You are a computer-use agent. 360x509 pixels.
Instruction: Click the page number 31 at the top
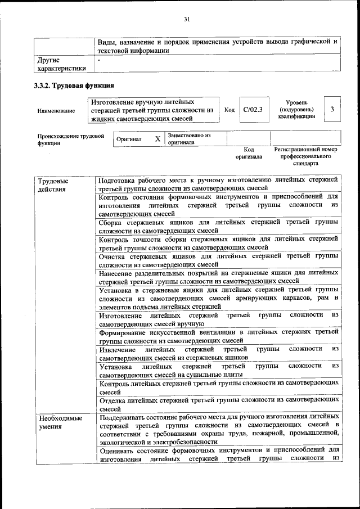(x=187, y=20)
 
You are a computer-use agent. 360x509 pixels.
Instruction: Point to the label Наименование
(x=56, y=111)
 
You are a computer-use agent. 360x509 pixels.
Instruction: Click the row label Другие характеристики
(x=61, y=64)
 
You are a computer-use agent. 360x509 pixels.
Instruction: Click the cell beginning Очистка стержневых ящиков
(x=218, y=260)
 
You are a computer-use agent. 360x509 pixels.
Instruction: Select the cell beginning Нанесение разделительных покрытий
(x=218, y=277)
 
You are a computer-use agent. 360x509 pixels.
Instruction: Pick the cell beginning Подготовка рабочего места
(x=218, y=184)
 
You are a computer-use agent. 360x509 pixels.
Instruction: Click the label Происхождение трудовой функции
(x=70, y=139)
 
